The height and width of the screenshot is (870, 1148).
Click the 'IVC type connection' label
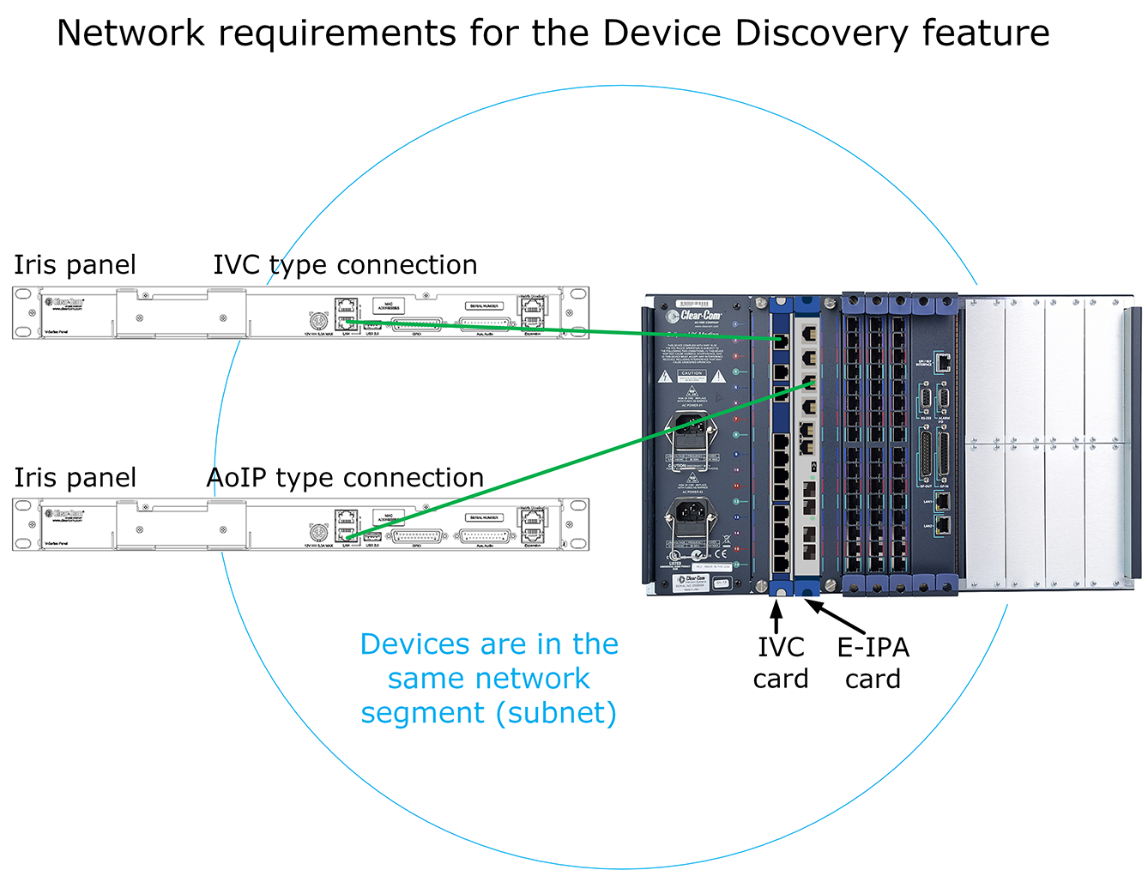coord(345,265)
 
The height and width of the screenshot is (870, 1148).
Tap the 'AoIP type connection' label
coord(345,478)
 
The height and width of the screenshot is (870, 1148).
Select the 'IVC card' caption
coord(781,662)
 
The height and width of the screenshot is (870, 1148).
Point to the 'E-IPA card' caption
coord(873,662)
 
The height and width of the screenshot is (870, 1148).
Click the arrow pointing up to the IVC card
coord(776,616)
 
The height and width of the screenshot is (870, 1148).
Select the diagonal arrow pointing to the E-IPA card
coord(836,618)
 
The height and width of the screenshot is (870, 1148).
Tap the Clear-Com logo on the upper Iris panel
coord(65,302)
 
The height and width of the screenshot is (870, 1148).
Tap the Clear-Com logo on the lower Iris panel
coord(65,514)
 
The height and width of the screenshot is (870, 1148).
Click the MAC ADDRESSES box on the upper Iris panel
coord(388,306)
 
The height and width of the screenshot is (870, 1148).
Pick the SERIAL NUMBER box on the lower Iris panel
coord(484,517)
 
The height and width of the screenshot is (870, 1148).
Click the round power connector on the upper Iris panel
coord(317,321)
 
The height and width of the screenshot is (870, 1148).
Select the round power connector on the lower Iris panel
coord(317,533)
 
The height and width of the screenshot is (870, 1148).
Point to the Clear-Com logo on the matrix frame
coord(699,316)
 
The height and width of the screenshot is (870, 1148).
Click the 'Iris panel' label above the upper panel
coord(75,265)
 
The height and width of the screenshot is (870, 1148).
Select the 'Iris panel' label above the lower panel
coord(75,478)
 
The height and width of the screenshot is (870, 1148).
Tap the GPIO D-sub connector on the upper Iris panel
coord(416,324)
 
